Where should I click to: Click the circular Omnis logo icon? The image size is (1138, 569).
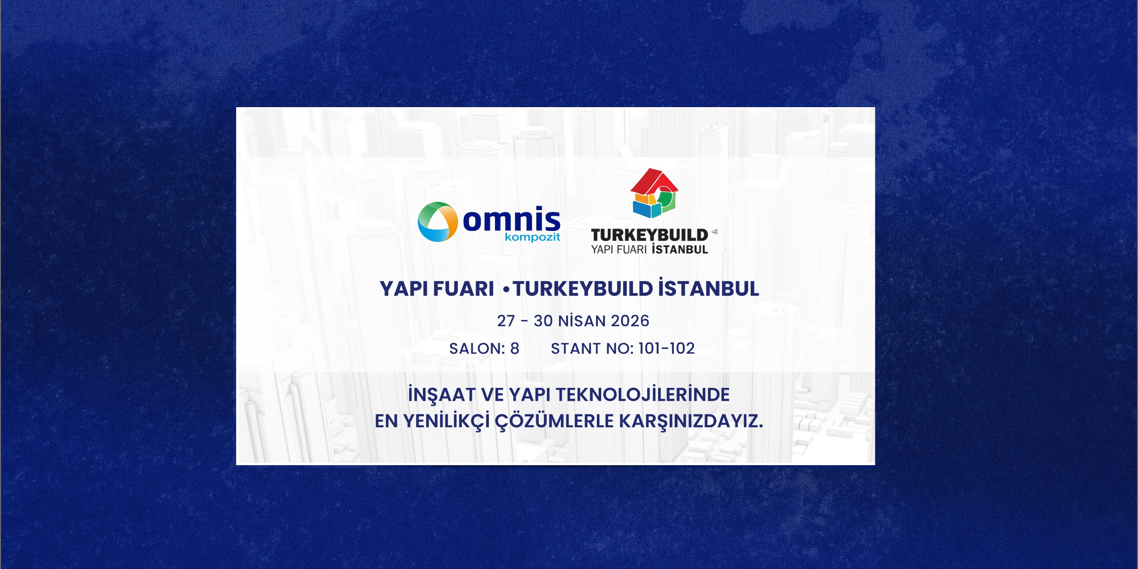(x=437, y=221)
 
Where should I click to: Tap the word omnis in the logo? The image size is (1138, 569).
(x=511, y=220)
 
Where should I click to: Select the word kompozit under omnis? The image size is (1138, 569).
(x=532, y=237)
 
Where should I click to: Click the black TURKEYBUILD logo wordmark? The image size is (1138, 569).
(x=649, y=235)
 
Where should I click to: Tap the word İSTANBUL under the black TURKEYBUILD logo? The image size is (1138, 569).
(x=680, y=249)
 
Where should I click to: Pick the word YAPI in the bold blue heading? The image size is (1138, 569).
(x=404, y=289)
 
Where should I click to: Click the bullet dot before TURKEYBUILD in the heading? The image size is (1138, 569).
(x=506, y=289)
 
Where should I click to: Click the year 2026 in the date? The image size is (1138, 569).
(x=630, y=321)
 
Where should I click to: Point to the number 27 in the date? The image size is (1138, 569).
(x=505, y=321)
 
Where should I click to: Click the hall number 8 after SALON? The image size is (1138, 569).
(x=514, y=349)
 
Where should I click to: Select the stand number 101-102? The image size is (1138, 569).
(x=666, y=349)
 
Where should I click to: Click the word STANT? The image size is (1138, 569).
(x=576, y=349)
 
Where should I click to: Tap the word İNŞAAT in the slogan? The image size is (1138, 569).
(x=441, y=395)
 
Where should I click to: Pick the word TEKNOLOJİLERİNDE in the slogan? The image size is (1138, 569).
(x=642, y=395)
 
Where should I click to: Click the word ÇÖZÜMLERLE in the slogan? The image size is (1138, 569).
(x=554, y=421)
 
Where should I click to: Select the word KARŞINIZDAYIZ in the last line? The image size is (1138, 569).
(x=690, y=421)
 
